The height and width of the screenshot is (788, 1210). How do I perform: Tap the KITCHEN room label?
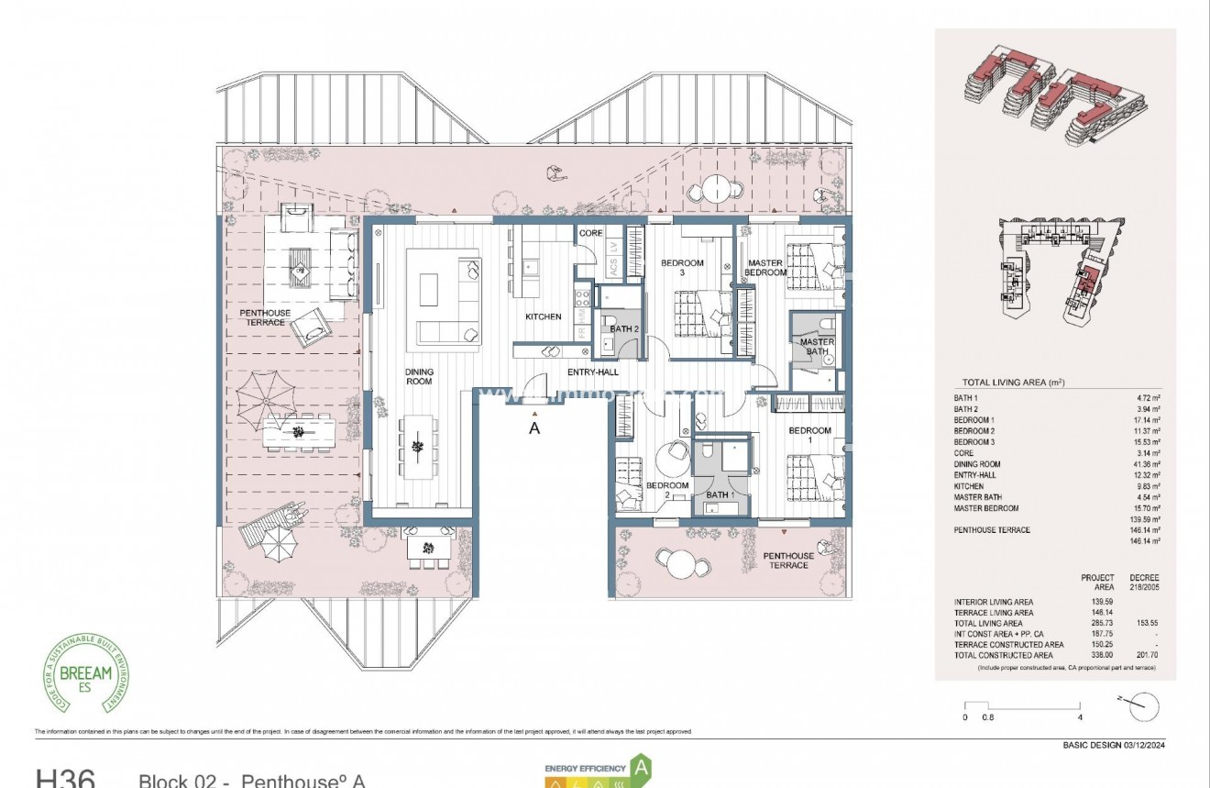[543, 317]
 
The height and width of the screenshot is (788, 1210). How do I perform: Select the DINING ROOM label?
[419, 377]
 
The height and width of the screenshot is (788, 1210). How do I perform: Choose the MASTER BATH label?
[817, 347]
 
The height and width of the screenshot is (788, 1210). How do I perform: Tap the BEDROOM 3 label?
[682, 268]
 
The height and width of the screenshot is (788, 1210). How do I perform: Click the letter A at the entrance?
[534, 427]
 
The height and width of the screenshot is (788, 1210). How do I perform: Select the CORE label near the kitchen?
[590, 233]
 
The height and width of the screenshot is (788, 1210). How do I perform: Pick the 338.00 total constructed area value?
[1105, 656]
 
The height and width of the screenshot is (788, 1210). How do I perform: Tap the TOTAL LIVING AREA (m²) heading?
[1012, 383]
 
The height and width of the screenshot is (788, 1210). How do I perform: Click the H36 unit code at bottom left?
[64, 778]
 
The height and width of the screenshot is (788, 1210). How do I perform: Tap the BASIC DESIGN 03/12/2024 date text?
[1113, 745]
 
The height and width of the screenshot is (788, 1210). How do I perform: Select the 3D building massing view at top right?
[1054, 96]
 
